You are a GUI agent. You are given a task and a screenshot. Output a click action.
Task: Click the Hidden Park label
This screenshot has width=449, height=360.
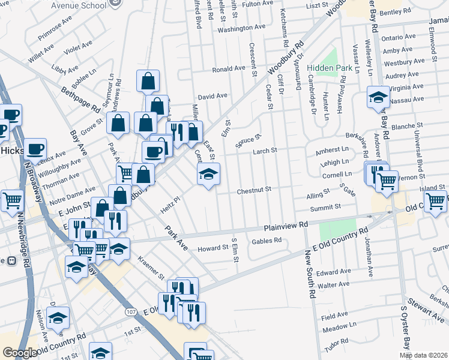(x=330, y=68)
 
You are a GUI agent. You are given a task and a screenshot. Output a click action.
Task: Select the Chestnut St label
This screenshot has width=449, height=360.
(x=255, y=190)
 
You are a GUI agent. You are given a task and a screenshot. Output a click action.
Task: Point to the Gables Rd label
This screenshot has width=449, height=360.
(x=267, y=241)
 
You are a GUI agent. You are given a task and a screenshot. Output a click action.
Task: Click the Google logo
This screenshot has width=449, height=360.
(x=20, y=353)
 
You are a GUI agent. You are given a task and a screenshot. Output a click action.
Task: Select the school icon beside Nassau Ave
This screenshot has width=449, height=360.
(x=378, y=97)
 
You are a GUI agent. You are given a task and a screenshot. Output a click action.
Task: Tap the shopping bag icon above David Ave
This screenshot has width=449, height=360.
(x=148, y=80)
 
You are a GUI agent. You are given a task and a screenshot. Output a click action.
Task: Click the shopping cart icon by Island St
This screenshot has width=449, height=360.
(x=435, y=200)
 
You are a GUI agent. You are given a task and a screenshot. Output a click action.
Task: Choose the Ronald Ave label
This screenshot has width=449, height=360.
(x=228, y=69)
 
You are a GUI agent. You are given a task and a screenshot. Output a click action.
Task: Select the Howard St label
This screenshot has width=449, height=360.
(x=213, y=248)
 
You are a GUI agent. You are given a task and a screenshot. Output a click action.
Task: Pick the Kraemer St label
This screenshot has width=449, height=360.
(x=151, y=269)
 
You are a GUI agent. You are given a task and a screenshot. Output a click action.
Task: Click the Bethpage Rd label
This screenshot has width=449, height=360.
(x=80, y=100)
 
